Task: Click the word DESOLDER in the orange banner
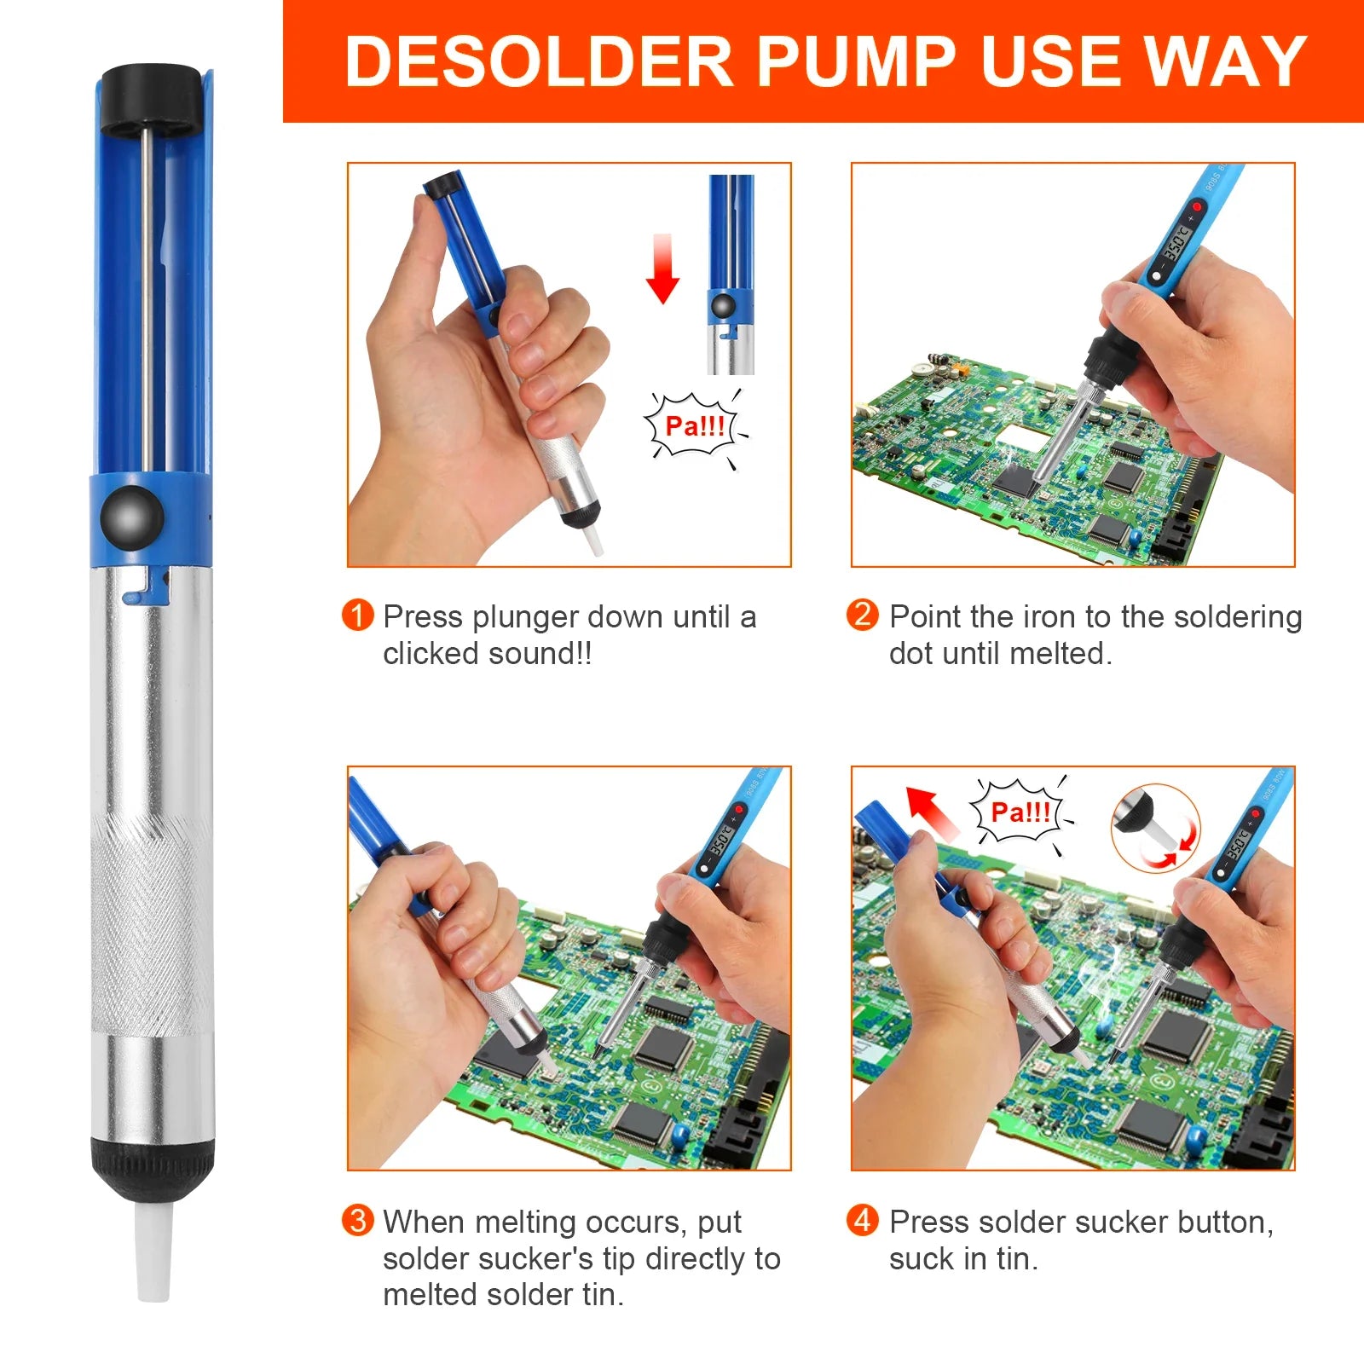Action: click(x=539, y=61)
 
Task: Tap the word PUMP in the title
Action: click(x=856, y=61)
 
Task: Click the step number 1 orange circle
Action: click(x=357, y=615)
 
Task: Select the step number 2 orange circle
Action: click(x=862, y=615)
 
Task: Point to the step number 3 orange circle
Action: click(x=357, y=1220)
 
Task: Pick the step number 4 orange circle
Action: click(x=862, y=1220)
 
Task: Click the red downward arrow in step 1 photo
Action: click(x=662, y=269)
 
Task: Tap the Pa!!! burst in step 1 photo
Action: click(x=695, y=425)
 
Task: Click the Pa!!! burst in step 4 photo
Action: click(x=1020, y=812)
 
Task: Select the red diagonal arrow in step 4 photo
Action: click(x=931, y=813)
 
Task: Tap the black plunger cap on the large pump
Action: click(x=152, y=99)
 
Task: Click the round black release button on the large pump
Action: click(x=132, y=517)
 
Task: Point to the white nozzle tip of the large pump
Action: click(x=153, y=1253)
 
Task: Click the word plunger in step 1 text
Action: click(x=525, y=616)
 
